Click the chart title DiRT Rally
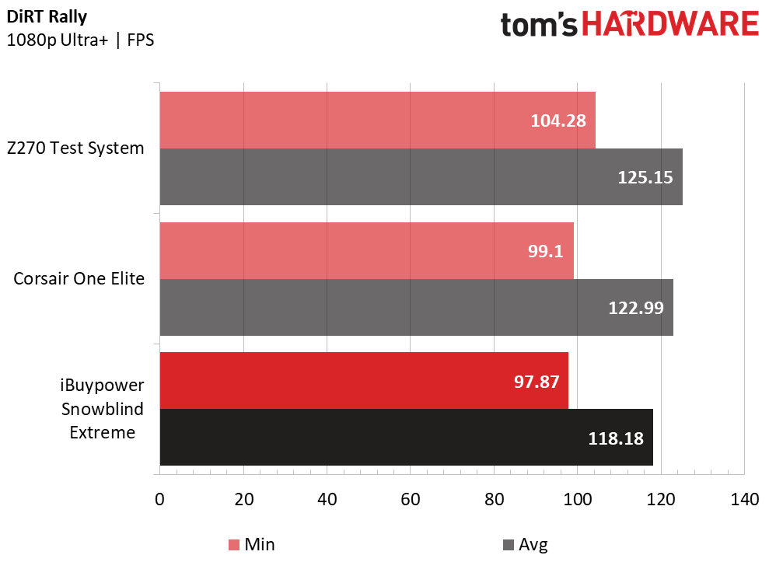[47, 16]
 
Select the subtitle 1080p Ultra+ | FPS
[80, 40]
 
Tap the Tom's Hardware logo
[630, 24]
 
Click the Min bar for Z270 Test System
[378, 120]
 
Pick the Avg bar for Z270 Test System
[421, 177]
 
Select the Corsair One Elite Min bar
[367, 250]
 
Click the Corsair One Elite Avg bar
[416, 307]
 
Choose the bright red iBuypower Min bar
[364, 380]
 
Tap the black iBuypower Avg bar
[407, 438]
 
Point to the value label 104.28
[558, 120]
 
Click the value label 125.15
[645, 177]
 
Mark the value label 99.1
[545, 251]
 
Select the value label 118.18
[616, 438]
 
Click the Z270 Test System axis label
[75, 148]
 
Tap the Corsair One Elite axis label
[79, 278]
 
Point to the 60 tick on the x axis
[410, 499]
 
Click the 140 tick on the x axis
[744, 499]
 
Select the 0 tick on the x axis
[160, 499]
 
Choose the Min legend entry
[252, 544]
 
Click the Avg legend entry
[526, 545]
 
